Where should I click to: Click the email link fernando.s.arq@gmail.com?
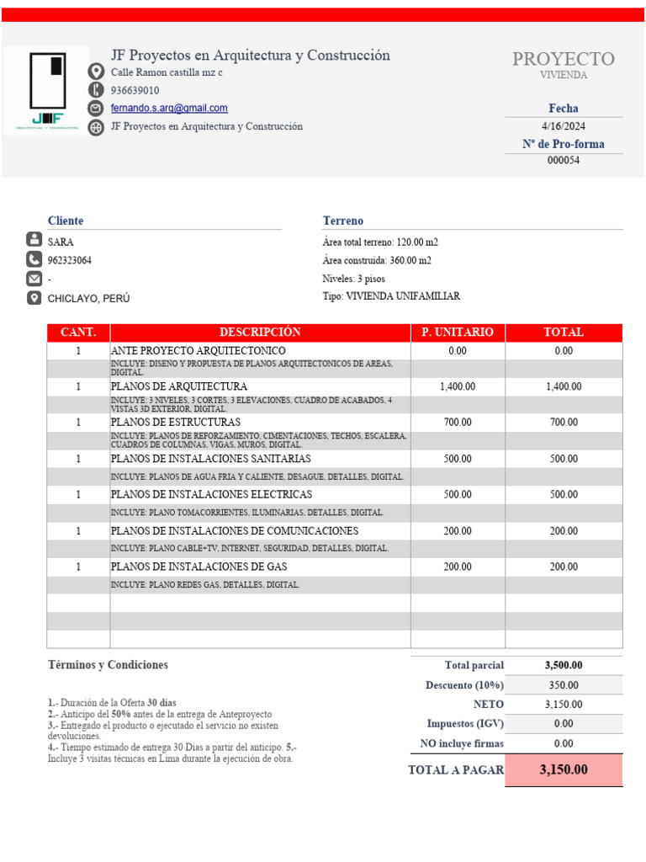click(169, 109)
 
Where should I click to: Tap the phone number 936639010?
click(135, 90)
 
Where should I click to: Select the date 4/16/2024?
click(564, 126)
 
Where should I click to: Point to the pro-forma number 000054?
click(564, 161)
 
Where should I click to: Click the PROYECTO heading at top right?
click(564, 59)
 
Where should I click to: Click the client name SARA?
click(61, 242)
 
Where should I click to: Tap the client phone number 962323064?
click(70, 260)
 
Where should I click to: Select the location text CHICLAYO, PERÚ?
click(88, 299)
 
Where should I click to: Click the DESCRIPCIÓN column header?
click(260, 333)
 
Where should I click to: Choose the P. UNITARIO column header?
click(458, 333)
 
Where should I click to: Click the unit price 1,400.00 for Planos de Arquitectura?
click(458, 386)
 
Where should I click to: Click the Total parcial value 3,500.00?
click(564, 665)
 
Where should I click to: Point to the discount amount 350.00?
click(564, 685)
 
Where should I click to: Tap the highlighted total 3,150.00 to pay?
click(564, 769)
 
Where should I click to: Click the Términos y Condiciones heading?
click(108, 665)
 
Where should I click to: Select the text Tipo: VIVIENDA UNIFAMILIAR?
click(391, 296)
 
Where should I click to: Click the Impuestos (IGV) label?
click(464, 724)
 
